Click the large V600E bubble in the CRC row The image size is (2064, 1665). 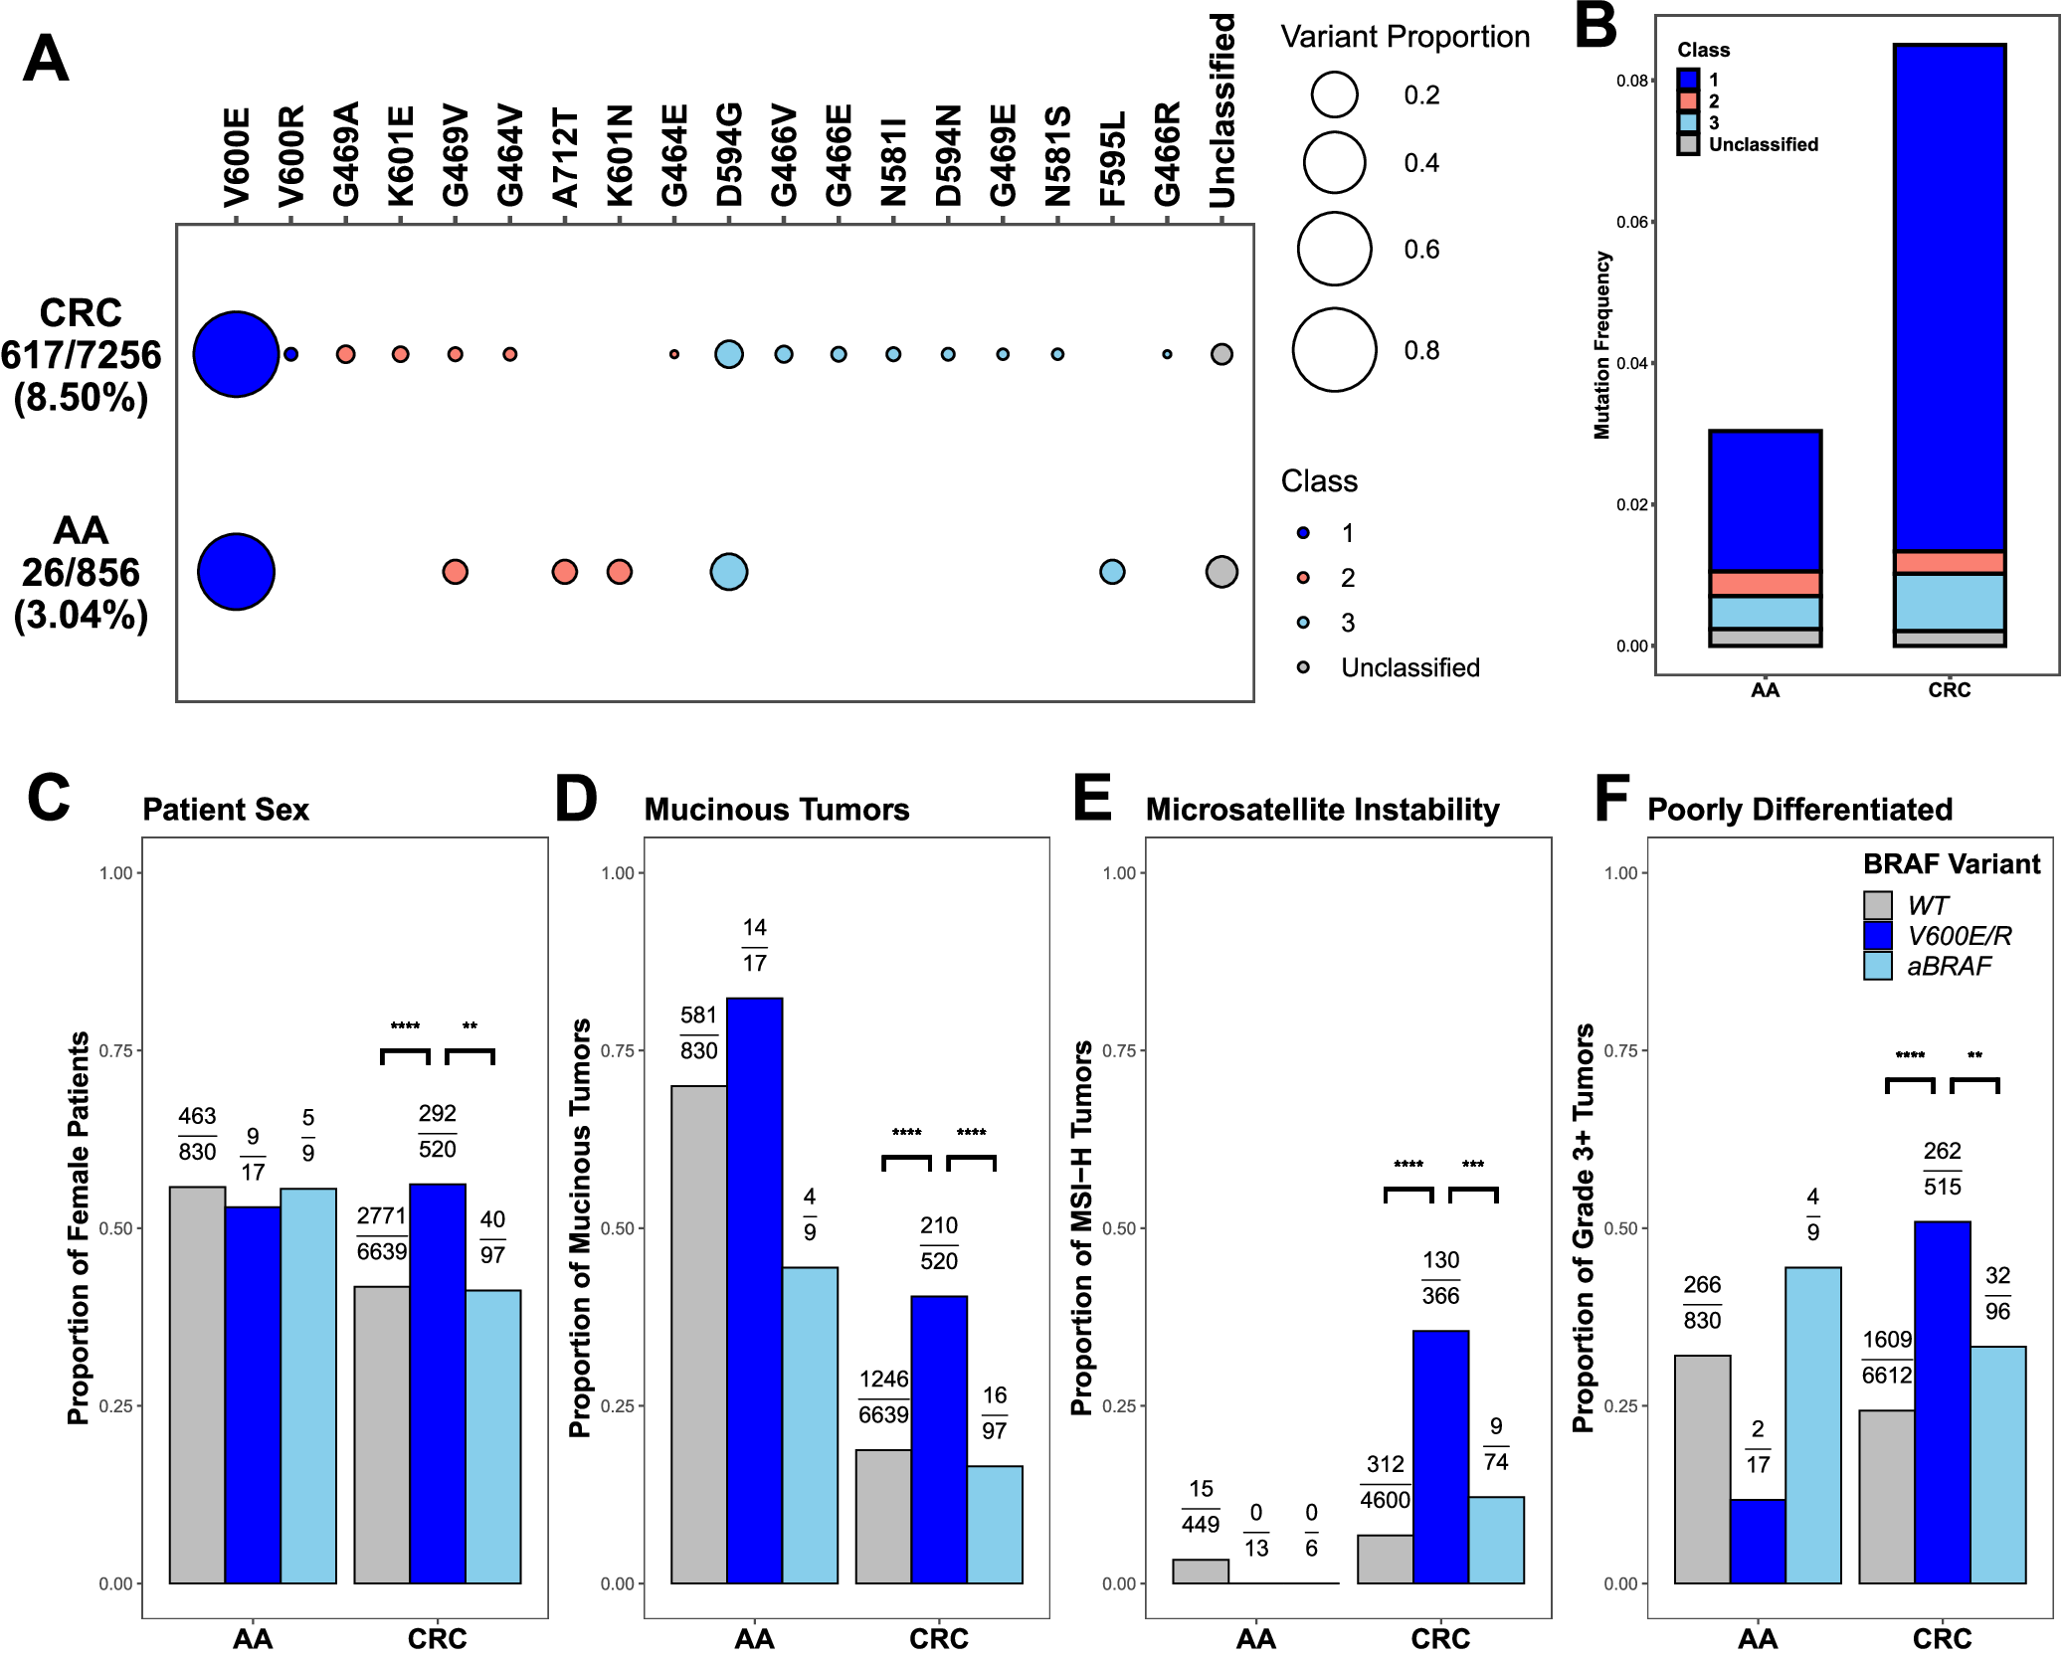click(x=236, y=354)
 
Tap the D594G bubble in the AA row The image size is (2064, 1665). click(x=729, y=572)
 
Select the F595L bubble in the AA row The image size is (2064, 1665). click(x=1112, y=572)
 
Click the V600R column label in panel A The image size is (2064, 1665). click(x=291, y=157)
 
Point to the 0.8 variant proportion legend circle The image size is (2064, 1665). click(x=1334, y=350)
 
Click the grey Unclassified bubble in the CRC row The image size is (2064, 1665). click(x=1221, y=354)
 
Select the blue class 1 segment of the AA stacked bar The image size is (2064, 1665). click(x=1765, y=500)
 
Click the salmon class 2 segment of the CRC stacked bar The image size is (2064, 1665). click(x=1949, y=563)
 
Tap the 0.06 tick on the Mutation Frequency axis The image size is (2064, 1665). click(x=1632, y=222)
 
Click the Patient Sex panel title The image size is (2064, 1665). click(x=226, y=810)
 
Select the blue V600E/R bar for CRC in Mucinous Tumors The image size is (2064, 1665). click(x=939, y=1439)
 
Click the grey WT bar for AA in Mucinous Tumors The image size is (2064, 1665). click(x=699, y=1334)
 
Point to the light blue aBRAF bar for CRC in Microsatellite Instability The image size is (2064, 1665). click(x=1496, y=1540)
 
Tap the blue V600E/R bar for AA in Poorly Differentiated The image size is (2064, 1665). click(x=1758, y=1541)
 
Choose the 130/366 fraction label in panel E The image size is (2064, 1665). click(x=1440, y=1278)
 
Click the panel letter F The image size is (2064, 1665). click(x=1611, y=799)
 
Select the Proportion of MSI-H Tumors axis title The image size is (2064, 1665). click(x=1081, y=1228)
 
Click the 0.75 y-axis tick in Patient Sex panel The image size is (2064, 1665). click(x=116, y=1051)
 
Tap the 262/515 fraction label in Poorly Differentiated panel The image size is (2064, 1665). click(x=1942, y=1169)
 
